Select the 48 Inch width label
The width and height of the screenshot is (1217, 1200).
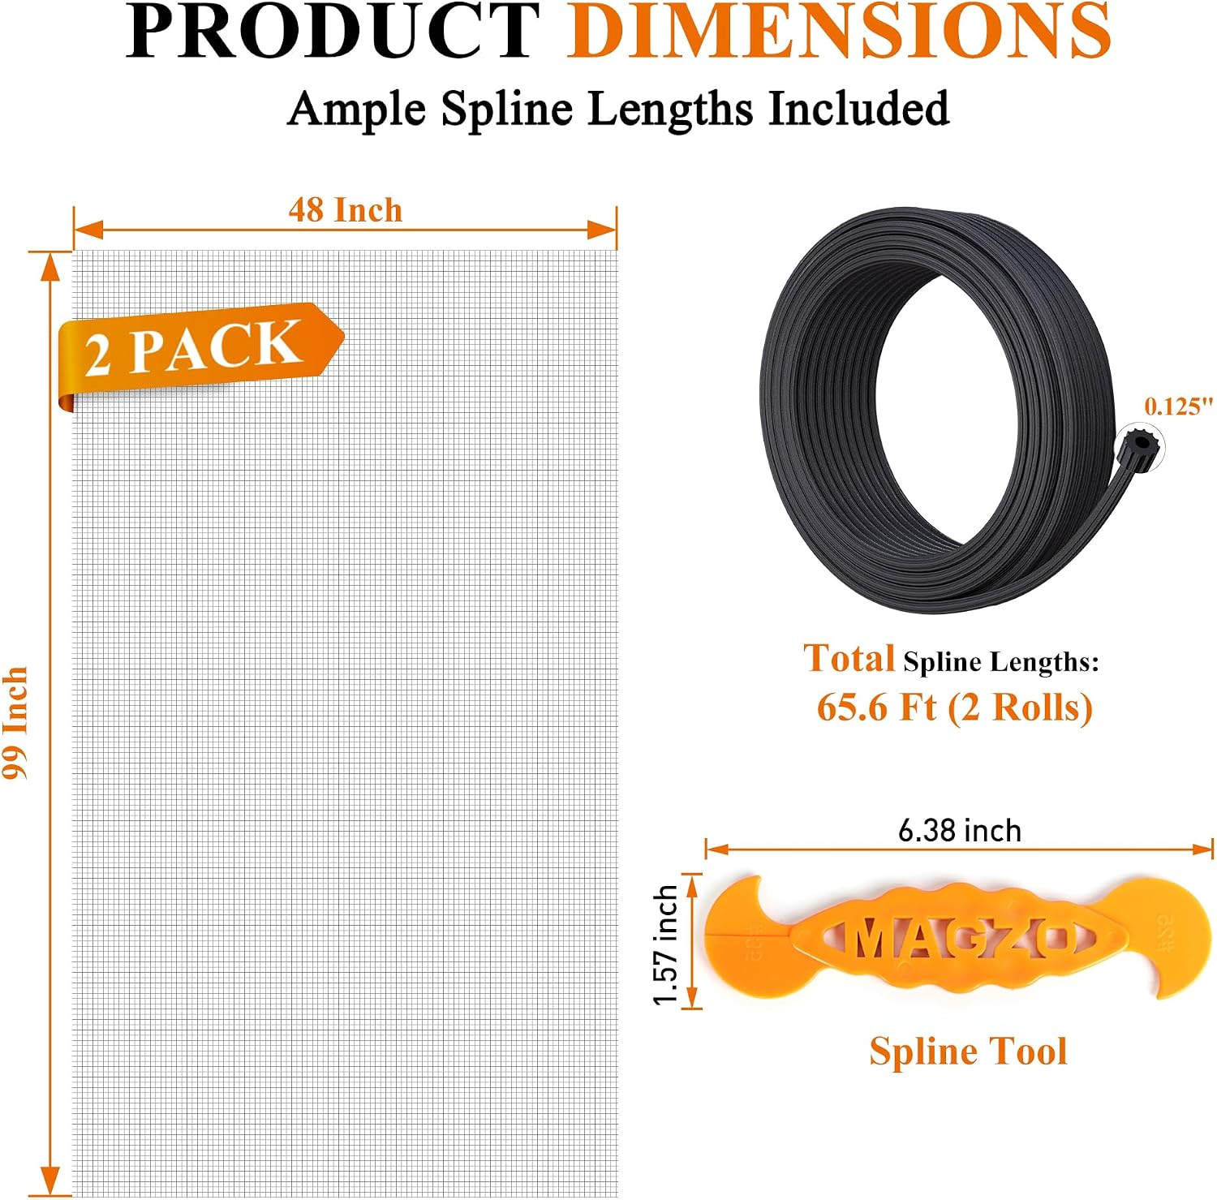346,210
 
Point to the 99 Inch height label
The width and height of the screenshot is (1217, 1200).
15,723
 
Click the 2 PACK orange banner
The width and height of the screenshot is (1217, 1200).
200,351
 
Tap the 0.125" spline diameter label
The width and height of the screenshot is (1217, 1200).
1179,406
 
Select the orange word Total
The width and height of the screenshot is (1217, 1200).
849,658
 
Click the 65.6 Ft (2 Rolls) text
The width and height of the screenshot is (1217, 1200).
955,708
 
